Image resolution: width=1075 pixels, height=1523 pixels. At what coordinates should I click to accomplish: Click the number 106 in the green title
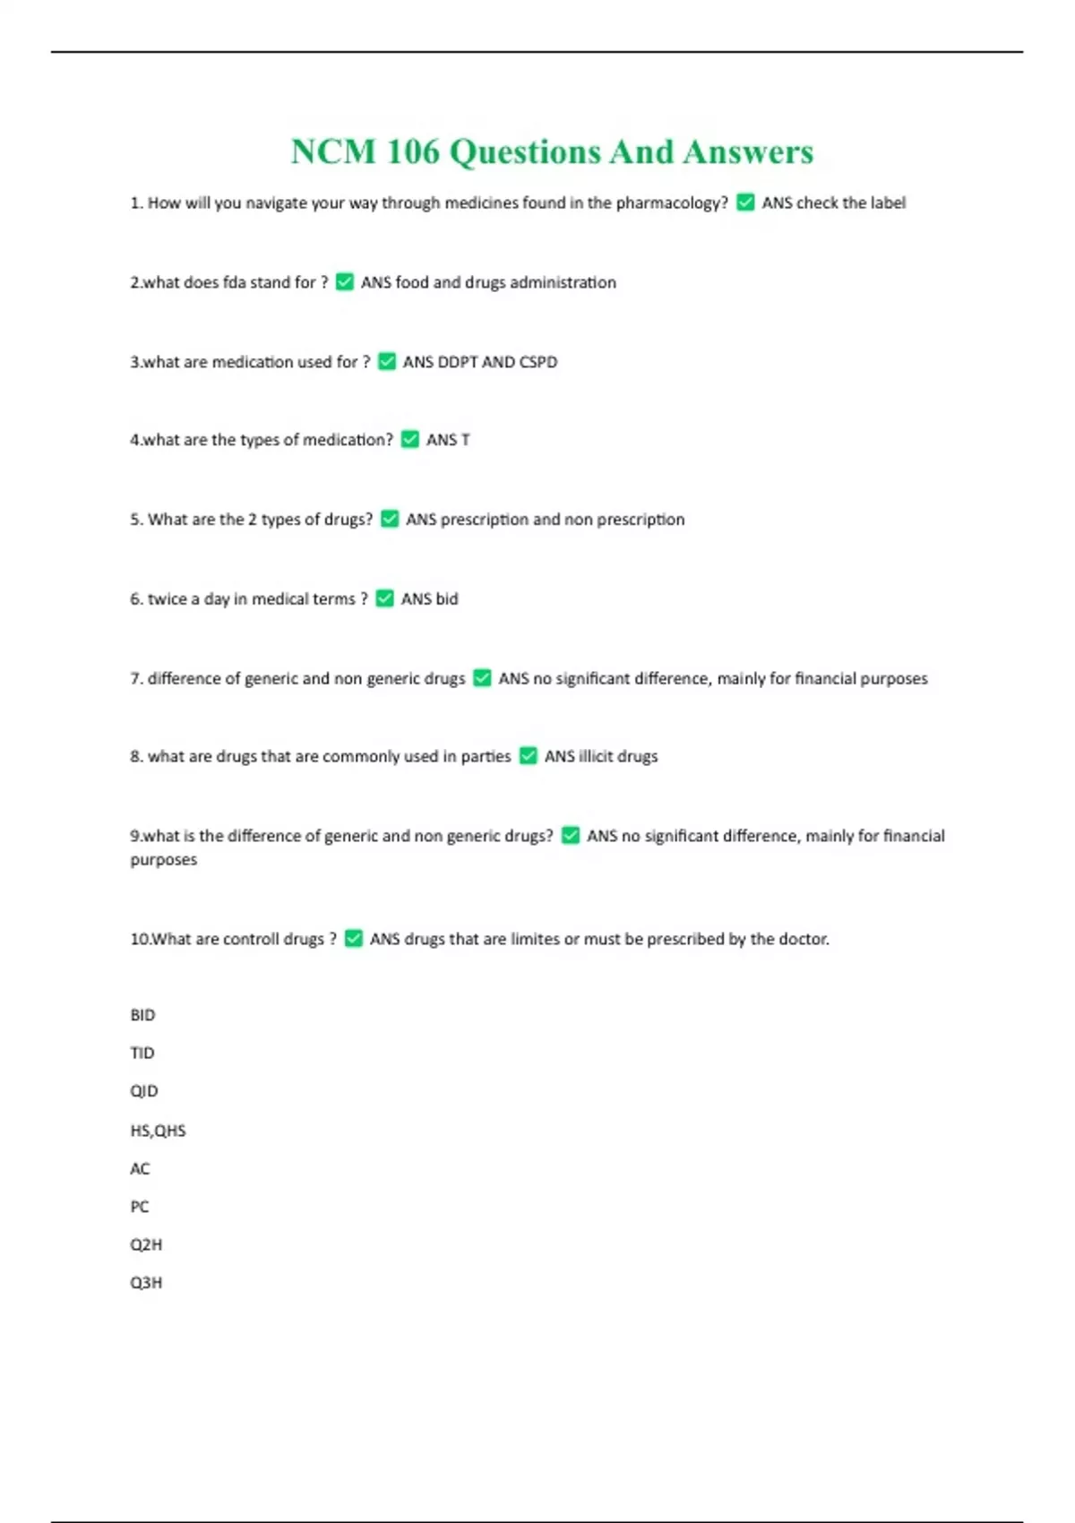413,152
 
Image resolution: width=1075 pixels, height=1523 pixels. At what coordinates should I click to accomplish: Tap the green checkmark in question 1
745,203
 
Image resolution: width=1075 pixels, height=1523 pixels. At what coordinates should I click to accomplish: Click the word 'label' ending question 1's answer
888,203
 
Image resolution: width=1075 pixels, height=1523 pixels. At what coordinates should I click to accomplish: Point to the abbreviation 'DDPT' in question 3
458,362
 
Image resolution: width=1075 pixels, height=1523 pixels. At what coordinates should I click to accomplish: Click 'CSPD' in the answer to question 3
538,362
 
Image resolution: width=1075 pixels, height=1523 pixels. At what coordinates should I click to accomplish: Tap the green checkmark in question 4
410,440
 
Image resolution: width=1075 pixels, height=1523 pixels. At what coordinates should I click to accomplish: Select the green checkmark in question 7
482,678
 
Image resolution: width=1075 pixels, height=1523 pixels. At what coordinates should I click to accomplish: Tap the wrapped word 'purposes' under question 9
164,860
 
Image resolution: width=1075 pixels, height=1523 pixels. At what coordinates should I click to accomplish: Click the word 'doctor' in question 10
803,940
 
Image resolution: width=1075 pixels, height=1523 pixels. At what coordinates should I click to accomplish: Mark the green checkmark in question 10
354,939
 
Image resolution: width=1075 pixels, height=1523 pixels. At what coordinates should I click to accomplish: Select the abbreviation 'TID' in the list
142,1054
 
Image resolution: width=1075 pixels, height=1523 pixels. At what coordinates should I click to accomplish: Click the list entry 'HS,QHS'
158,1131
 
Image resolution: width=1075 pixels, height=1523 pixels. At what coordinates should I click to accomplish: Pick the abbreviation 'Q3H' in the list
146,1283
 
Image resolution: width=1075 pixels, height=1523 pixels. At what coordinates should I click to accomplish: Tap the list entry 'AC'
140,1169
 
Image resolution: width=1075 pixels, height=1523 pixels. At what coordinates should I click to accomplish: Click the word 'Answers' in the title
748,152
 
